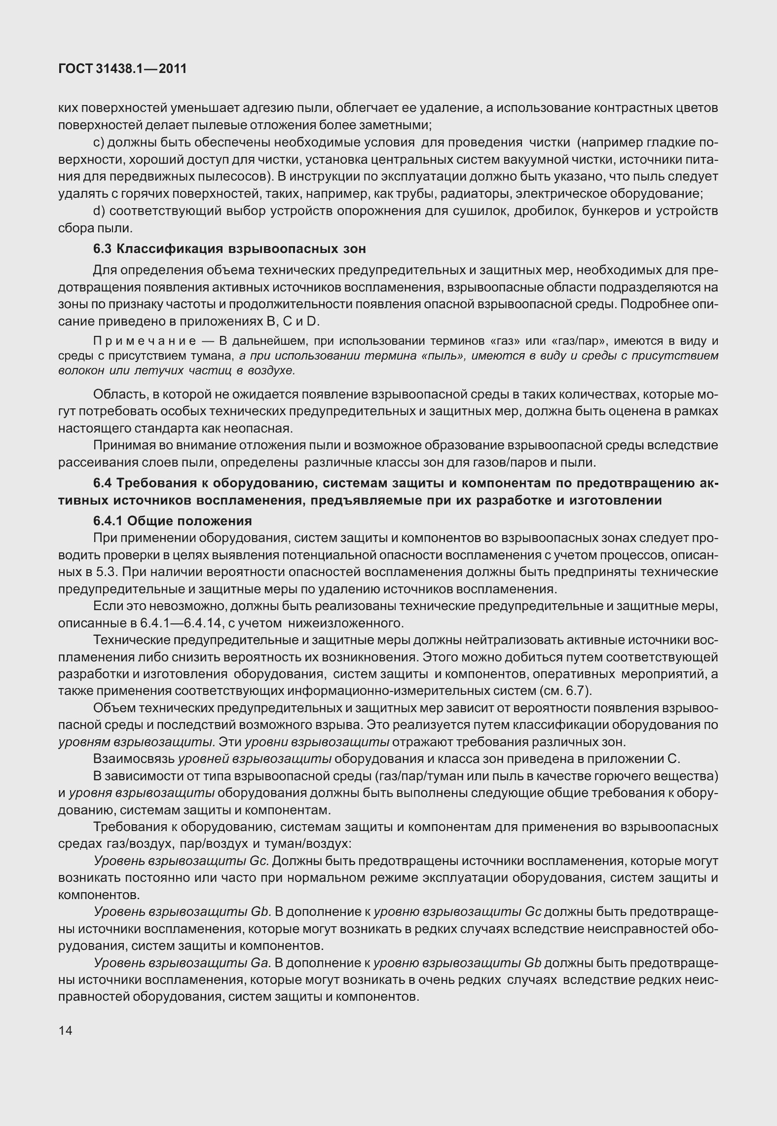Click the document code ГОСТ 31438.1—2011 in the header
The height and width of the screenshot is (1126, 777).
(122, 69)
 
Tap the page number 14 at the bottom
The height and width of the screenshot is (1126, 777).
(65, 1030)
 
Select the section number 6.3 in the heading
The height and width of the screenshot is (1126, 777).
(103, 249)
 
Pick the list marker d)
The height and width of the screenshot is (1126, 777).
(99, 211)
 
